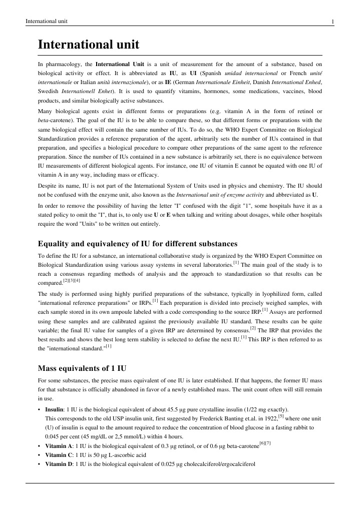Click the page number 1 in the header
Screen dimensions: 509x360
point(332,21)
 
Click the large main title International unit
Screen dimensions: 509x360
point(89,46)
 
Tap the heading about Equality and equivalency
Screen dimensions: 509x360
point(138,244)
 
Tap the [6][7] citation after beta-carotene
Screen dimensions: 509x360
point(265,443)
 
